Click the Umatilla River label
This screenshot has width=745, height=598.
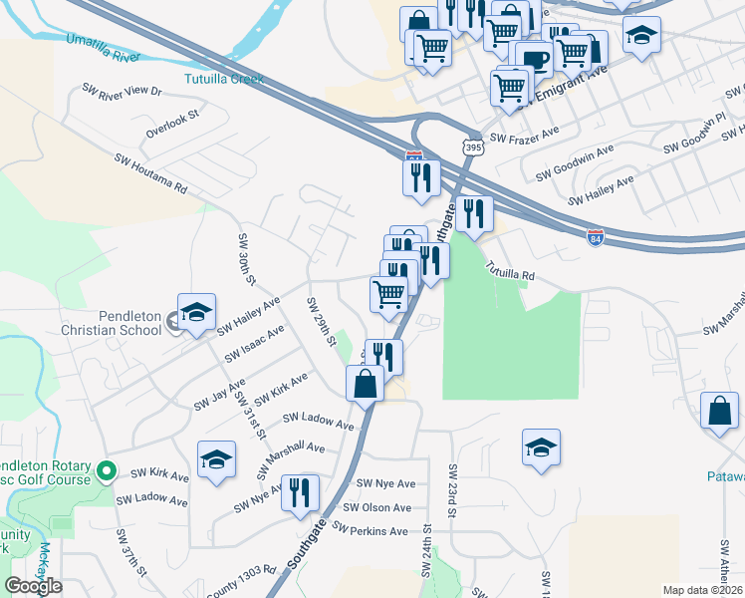click(x=100, y=47)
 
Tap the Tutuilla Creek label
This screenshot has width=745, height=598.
click(x=223, y=78)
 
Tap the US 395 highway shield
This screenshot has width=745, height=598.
click(x=472, y=147)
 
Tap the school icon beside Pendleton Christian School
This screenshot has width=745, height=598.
click(x=196, y=312)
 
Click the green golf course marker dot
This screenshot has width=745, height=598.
click(x=108, y=470)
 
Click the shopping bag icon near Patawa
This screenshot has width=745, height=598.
click(x=719, y=411)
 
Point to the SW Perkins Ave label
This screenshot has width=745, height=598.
click(x=370, y=531)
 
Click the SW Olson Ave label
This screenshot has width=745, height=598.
click(x=372, y=507)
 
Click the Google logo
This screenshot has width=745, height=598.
click(x=33, y=586)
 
